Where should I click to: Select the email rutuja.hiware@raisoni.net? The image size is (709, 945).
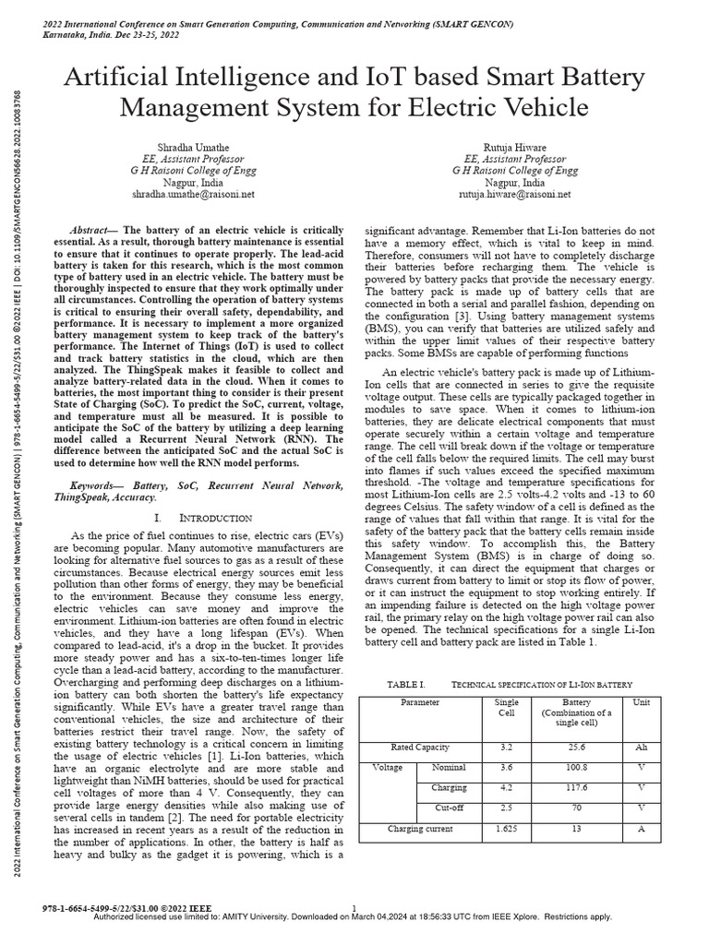pyautogui.click(x=515, y=195)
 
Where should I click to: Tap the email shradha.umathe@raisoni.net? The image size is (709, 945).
pyautogui.click(x=192, y=195)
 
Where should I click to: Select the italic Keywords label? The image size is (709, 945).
pyautogui.click(x=95, y=484)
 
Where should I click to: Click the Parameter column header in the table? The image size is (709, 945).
pyautogui.click(x=420, y=703)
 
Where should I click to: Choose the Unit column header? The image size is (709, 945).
pyautogui.click(x=641, y=703)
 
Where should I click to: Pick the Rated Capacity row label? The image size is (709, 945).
pyautogui.click(x=420, y=747)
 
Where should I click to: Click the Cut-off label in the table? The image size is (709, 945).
pyautogui.click(x=451, y=808)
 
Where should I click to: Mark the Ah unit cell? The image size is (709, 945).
pyautogui.click(x=641, y=747)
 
